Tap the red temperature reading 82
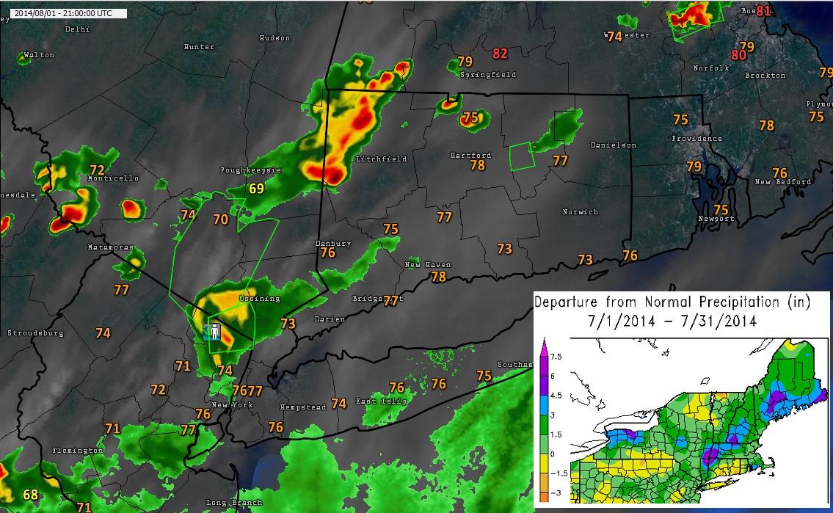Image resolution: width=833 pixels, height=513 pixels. click(x=501, y=53)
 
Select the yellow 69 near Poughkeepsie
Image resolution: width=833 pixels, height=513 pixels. click(x=255, y=189)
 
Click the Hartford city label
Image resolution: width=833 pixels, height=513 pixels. click(x=470, y=156)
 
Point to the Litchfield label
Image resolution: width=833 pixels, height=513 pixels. click(x=380, y=159)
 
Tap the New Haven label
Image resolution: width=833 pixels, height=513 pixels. click(x=428, y=265)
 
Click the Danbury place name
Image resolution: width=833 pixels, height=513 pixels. click(x=332, y=243)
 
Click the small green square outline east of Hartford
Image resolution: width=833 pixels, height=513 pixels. click(x=522, y=156)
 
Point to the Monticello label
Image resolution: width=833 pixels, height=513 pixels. click(x=113, y=178)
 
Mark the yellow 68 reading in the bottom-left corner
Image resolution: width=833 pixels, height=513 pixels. click(x=30, y=495)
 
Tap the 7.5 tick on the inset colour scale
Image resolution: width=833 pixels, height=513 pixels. click(x=556, y=357)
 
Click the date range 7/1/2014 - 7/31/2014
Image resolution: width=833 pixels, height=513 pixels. click(x=672, y=321)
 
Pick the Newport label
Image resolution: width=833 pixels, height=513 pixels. click(x=716, y=219)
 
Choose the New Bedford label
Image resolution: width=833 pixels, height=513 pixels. click(x=783, y=182)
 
